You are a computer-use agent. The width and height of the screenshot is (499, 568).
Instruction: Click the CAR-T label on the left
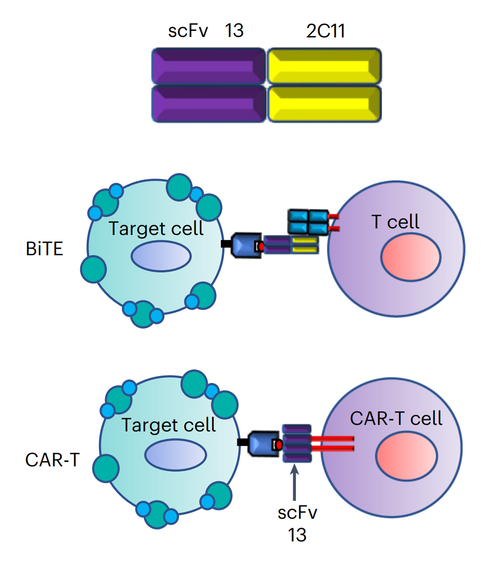pyautogui.click(x=52, y=460)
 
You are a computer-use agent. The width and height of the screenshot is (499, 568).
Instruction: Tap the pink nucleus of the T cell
pyautogui.click(x=411, y=257)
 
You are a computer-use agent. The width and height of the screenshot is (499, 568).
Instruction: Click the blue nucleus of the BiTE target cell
pyautogui.click(x=161, y=256)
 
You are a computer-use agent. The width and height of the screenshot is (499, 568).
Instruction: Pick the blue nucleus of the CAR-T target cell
pyautogui.click(x=176, y=455)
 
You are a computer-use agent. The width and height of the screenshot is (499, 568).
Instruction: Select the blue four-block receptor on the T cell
pyautogui.click(x=308, y=221)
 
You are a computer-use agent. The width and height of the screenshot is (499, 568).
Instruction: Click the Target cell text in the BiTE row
pyautogui.click(x=156, y=228)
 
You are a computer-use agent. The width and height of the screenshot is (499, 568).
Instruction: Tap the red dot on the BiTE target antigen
pyautogui.click(x=261, y=247)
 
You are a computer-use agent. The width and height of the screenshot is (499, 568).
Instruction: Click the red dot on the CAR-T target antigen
pyautogui.click(x=279, y=445)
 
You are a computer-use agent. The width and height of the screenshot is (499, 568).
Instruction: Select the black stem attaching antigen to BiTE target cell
pyautogui.click(x=226, y=244)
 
